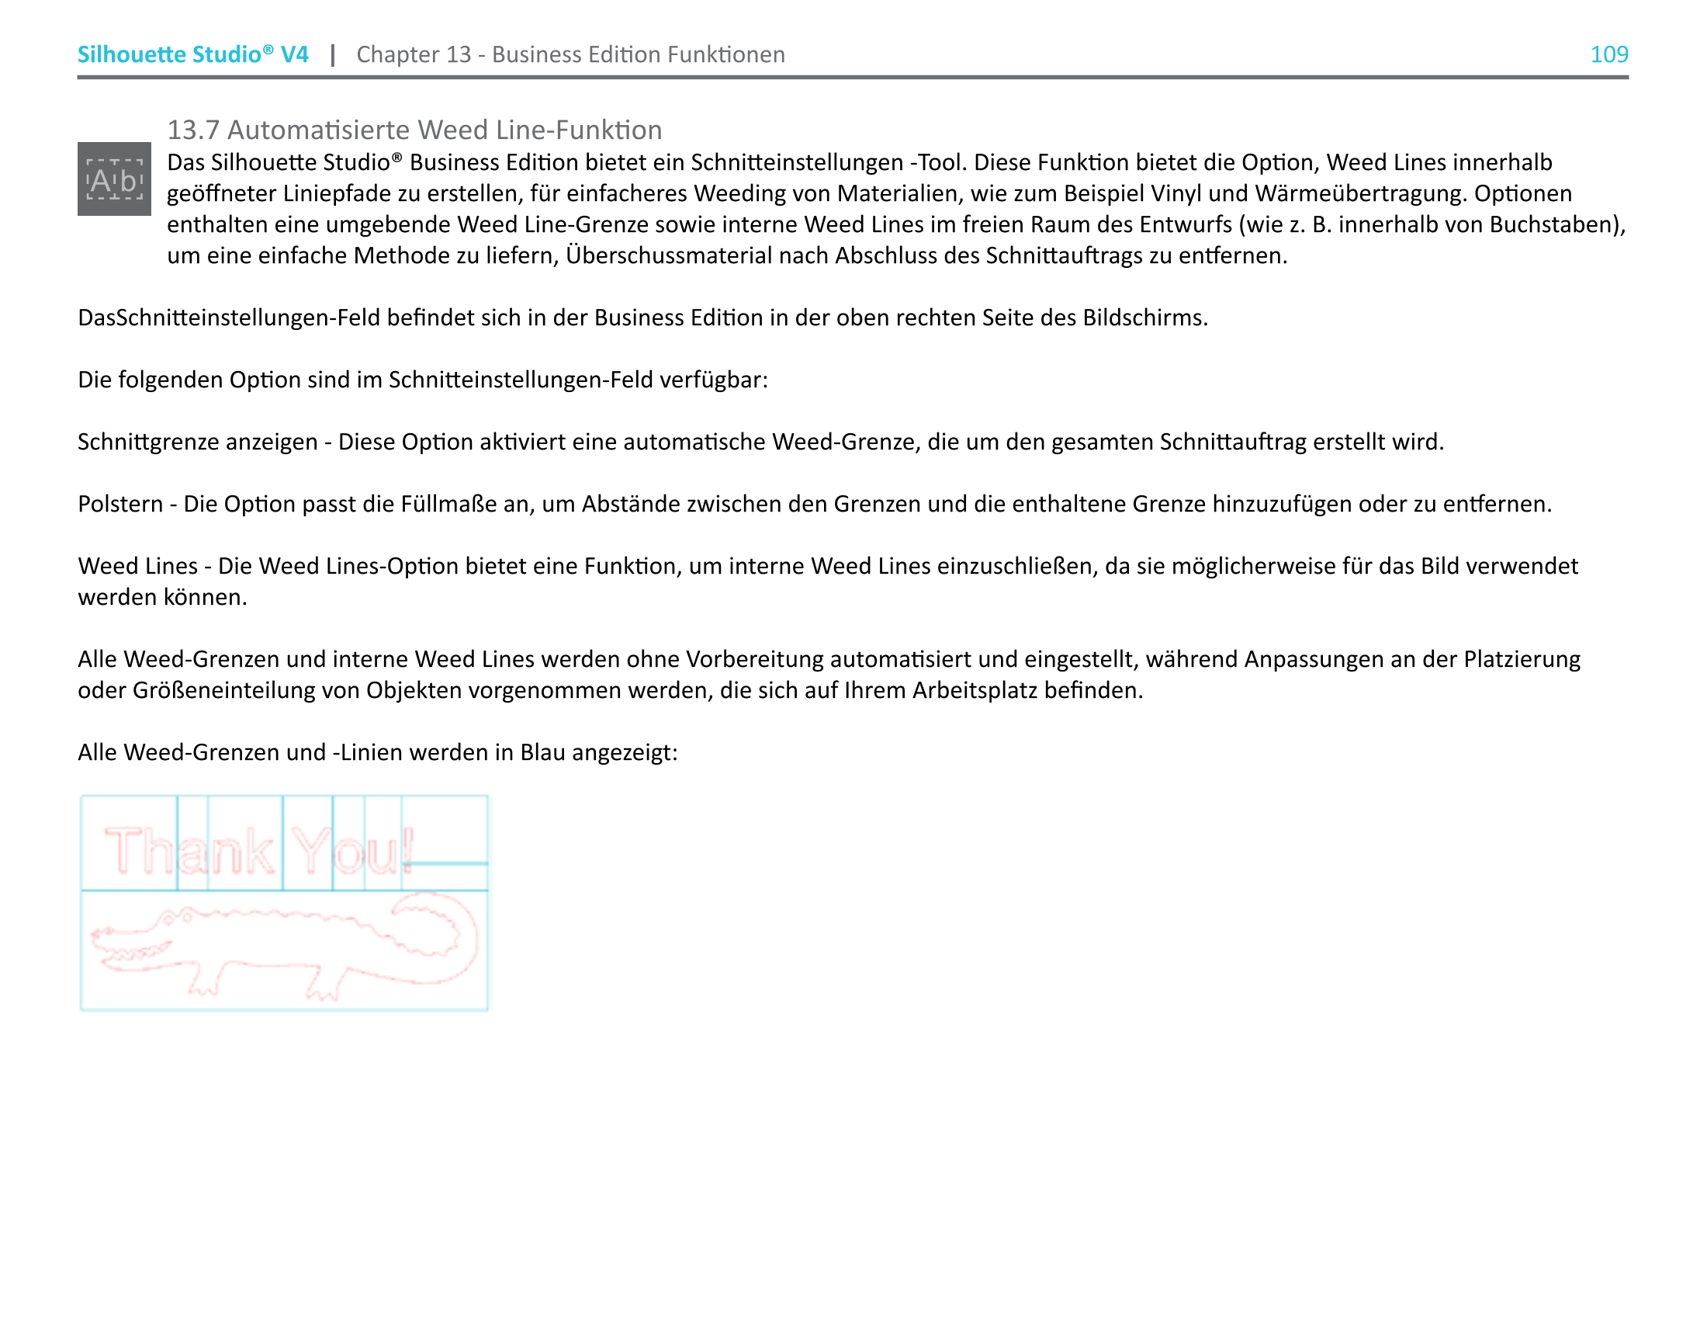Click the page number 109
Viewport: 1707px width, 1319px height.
(x=1608, y=54)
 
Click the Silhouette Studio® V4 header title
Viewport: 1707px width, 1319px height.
(x=192, y=54)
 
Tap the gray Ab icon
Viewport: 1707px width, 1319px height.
(x=114, y=179)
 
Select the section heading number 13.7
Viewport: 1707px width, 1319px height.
(x=193, y=130)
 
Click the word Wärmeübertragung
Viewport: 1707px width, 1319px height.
(x=1361, y=193)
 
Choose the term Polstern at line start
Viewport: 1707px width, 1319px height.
(x=120, y=505)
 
